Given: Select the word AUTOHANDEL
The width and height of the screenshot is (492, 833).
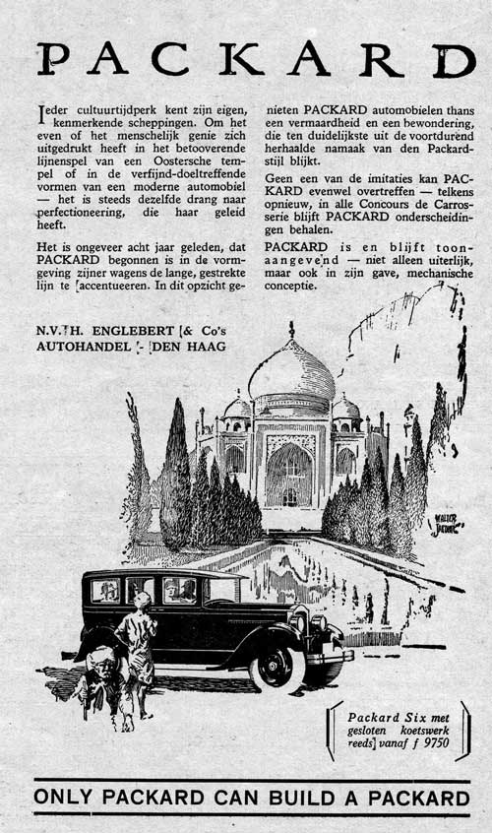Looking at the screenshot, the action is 83,348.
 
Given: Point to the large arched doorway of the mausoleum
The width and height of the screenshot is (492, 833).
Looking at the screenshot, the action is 290,474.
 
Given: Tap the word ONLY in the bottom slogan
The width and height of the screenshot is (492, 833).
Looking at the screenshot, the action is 63,797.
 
